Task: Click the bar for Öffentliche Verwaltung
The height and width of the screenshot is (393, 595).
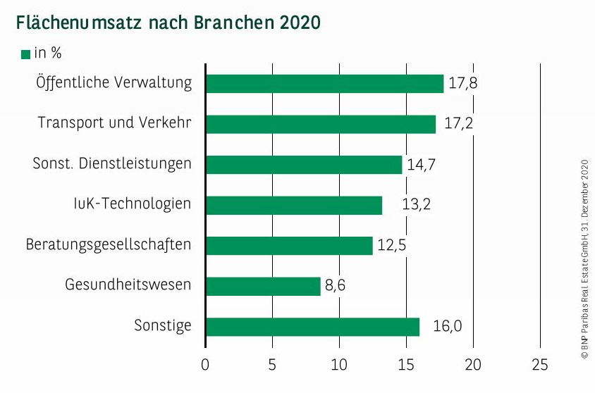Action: tap(324, 83)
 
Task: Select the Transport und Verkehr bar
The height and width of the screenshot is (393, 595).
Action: tap(321, 124)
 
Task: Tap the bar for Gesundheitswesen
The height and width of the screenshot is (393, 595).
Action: tap(263, 286)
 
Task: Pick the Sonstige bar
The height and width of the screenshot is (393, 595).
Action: tap(312, 327)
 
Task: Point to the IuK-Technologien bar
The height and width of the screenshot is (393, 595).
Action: tap(294, 205)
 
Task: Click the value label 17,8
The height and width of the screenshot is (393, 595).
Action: tap(463, 83)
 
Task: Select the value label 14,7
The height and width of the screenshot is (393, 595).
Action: tap(422, 165)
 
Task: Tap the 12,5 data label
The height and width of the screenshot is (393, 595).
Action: tap(391, 246)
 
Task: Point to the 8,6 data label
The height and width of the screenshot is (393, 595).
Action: tap(336, 286)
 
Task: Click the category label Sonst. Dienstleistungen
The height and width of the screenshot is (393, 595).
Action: tap(112, 164)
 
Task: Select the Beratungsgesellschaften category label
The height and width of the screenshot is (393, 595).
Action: tap(109, 245)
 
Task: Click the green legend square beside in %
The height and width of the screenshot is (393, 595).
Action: tap(26, 54)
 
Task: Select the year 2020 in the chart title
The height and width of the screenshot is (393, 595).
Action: tap(299, 23)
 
